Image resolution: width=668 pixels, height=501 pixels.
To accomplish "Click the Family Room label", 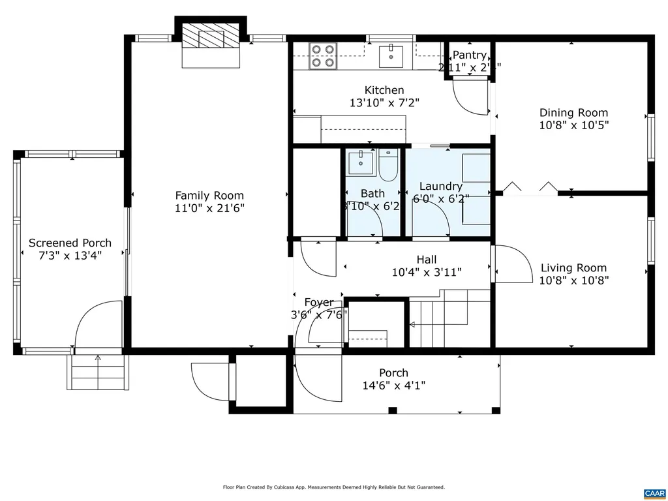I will coord(209,195).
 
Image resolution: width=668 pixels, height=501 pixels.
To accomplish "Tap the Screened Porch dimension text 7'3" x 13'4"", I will coord(70,256).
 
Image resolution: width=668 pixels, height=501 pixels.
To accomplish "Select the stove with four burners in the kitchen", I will coord(323,55).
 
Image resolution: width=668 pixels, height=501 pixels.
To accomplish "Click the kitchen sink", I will coord(392,55).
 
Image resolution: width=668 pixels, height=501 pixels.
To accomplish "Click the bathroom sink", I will coord(358,162).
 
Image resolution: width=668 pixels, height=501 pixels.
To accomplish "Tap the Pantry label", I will coord(469,55).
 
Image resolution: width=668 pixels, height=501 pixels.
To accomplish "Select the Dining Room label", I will coord(573,113).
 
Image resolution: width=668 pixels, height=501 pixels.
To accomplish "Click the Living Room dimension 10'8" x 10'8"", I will coord(573,281).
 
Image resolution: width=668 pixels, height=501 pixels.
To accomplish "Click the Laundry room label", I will coord(441,187).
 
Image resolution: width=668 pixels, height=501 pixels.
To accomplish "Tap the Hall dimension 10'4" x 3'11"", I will coord(427,273).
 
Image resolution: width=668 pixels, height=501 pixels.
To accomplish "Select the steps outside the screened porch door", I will coord(97,374).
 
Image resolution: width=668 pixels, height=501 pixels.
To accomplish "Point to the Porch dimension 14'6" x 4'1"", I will coord(394,386).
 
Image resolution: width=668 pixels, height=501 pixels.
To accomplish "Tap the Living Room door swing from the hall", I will coord(511,264).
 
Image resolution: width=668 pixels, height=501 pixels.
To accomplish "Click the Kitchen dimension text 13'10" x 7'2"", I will coord(384,102).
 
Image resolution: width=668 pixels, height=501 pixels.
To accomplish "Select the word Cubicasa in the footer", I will coord(292,487).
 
